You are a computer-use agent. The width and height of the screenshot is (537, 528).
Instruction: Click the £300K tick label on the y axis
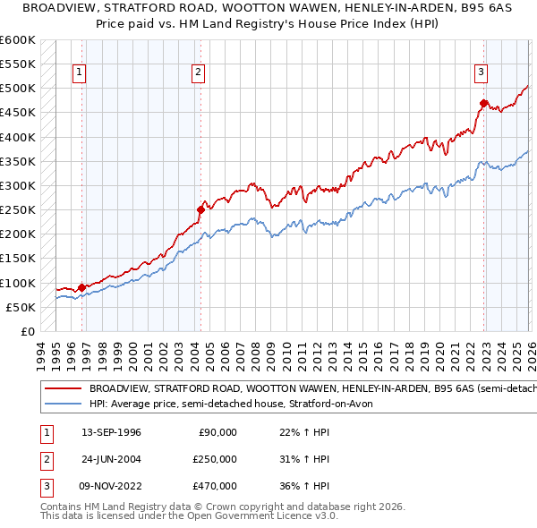pyautogui.click(x=18, y=186)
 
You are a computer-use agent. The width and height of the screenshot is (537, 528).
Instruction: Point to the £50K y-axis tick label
pyautogui.click(x=21, y=307)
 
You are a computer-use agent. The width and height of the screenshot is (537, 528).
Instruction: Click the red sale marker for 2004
pyautogui.click(x=200, y=210)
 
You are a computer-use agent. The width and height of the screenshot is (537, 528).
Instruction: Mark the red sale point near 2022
pyautogui.click(x=483, y=104)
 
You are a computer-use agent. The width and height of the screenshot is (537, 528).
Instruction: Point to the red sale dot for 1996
pyautogui.click(x=81, y=287)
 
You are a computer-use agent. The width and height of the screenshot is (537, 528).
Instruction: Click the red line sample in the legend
pyautogui.click(x=63, y=389)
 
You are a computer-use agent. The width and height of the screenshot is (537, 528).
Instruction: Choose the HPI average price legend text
pyautogui.click(x=233, y=404)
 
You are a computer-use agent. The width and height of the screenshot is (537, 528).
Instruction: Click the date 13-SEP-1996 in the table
pyautogui.click(x=111, y=432)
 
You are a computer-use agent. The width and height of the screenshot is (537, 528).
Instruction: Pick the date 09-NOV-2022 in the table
pyautogui.click(x=112, y=486)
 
